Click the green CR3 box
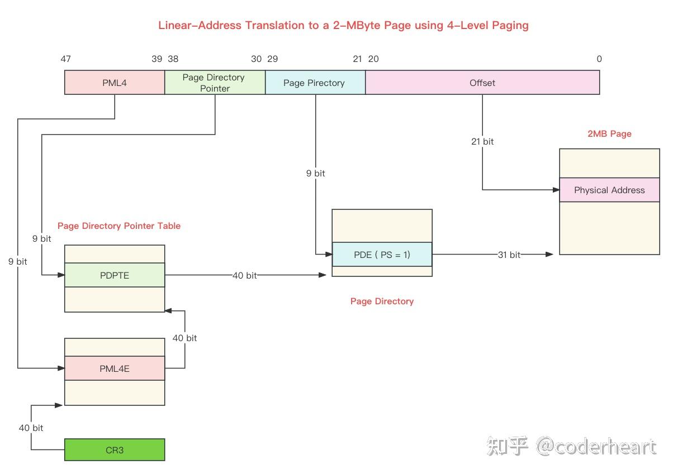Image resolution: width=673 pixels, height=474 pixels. coord(115,449)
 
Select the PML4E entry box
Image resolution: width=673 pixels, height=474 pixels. coord(115,368)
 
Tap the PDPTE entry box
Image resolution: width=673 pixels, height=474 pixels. coord(115,275)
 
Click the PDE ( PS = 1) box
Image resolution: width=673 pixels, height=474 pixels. coord(382,255)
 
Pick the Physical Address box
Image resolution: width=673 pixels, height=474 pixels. coord(609,190)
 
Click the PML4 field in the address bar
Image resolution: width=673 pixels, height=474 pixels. coord(115,83)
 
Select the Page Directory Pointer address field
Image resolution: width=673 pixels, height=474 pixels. coord(215,83)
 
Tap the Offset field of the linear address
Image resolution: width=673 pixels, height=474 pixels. coord(482,83)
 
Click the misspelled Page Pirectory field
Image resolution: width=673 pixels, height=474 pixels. coord(315,83)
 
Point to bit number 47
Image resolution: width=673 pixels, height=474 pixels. coord(65,59)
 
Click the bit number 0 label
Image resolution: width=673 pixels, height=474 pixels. coord(599,59)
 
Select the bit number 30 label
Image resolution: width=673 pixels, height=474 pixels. coord(257,59)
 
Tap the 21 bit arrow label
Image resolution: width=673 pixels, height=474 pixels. coord(482,141)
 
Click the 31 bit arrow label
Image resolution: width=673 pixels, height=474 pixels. coord(509,255)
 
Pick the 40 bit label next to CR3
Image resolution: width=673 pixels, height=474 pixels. coord(31,428)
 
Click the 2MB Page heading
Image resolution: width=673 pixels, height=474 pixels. coord(609,134)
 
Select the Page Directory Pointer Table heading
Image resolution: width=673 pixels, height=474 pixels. coord(119,226)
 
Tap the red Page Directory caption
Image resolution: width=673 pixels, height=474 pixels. coord(382,301)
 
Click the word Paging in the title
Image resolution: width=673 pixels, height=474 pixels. coord(509,25)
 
